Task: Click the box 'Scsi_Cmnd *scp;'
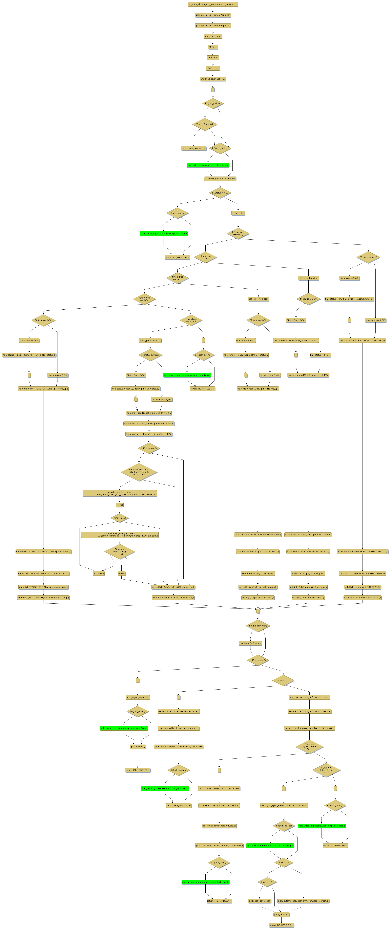(x=213, y=36)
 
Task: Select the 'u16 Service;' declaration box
(x=213, y=68)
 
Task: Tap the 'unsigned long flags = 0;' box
(x=213, y=79)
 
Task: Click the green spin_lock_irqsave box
(x=208, y=165)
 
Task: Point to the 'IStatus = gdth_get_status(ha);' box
(x=220, y=178)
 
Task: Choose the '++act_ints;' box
(x=238, y=213)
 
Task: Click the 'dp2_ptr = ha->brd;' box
(x=308, y=278)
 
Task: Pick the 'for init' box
(x=120, y=505)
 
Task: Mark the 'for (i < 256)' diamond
(x=120, y=518)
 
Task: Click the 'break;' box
(x=122, y=573)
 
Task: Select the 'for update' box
(x=99, y=573)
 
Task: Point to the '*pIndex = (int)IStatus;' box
(x=250, y=643)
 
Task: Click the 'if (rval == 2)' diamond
(x=284, y=862)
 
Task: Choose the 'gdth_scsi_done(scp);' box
(x=260, y=901)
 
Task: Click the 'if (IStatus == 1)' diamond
(x=283, y=680)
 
